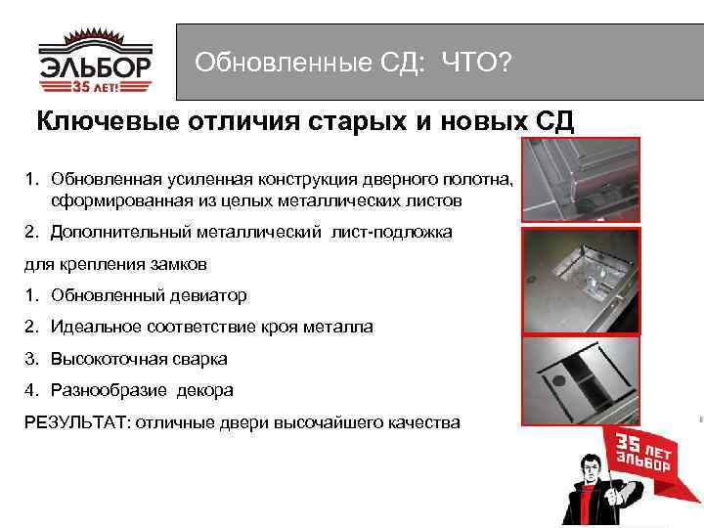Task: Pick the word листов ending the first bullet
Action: point(462,200)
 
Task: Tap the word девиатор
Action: point(212,294)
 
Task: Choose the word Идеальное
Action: point(100,327)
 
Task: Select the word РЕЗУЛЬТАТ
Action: point(75,421)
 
